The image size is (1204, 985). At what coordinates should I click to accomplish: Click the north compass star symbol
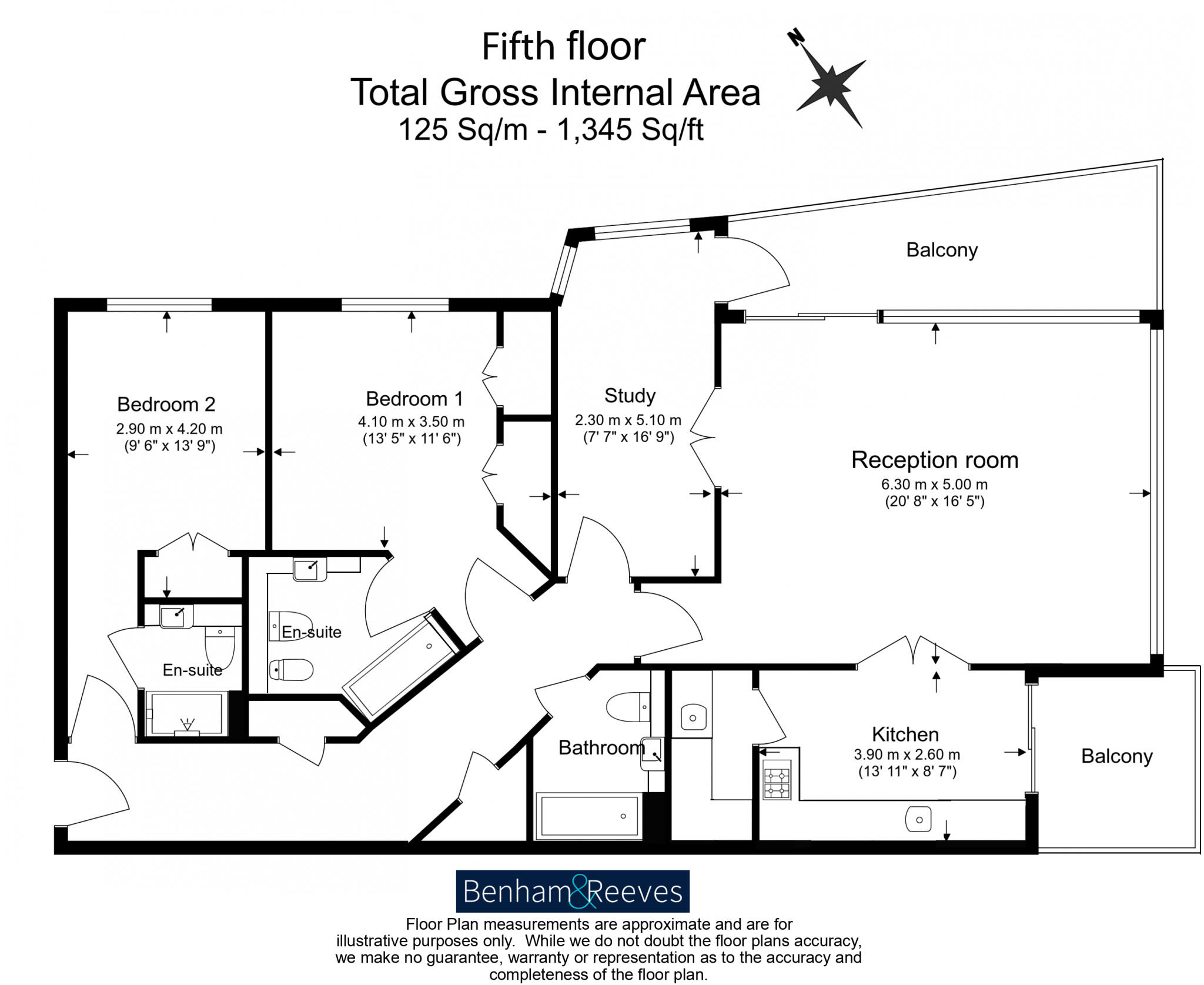pyautogui.click(x=830, y=84)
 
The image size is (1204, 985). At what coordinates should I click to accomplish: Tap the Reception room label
pyautogui.click(x=934, y=460)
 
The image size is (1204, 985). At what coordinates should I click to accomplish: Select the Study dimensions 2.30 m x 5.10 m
pyautogui.click(x=628, y=420)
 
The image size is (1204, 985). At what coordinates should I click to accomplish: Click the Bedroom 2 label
pyautogui.click(x=166, y=404)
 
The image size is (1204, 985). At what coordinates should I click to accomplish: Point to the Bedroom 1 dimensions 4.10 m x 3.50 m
pyautogui.click(x=411, y=422)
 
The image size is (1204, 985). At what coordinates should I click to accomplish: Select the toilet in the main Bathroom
pyautogui.click(x=627, y=707)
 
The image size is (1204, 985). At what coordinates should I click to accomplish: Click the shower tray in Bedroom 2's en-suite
pyautogui.click(x=187, y=713)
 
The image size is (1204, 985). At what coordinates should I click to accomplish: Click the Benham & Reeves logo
pyautogui.click(x=572, y=891)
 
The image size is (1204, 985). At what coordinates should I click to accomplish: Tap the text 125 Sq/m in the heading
pyautogui.click(x=463, y=129)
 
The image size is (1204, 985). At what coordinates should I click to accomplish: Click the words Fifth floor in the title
pyautogui.click(x=563, y=46)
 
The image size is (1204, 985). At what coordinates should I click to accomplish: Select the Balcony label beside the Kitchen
pyautogui.click(x=1116, y=756)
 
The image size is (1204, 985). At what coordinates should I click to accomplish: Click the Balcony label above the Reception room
pyautogui.click(x=941, y=249)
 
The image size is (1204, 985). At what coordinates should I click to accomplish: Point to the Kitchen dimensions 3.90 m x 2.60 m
pyautogui.click(x=907, y=754)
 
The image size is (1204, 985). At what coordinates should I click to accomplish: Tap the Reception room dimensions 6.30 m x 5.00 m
pyautogui.click(x=934, y=485)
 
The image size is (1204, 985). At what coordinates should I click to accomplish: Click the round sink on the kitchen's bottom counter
pyautogui.click(x=918, y=819)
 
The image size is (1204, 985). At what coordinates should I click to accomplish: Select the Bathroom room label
pyautogui.click(x=601, y=747)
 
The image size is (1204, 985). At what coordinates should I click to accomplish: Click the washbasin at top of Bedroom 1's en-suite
pyautogui.click(x=309, y=569)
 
